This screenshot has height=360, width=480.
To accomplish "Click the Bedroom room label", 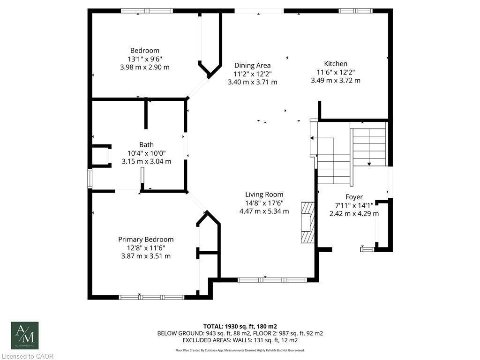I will [x=144, y=51].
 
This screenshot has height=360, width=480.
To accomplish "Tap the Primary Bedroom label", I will [x=146, y=239].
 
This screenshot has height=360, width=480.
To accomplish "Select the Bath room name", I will [x=146, y=145].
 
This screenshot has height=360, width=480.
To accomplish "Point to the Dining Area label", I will [x=252, y=66].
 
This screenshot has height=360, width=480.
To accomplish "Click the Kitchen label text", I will [x=336, y=64].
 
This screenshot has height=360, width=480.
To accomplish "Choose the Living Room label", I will [x=264, y=195].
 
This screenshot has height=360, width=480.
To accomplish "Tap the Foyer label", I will [x=354, y=197].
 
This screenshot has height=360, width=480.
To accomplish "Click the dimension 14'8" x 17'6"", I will [x=264, y=203].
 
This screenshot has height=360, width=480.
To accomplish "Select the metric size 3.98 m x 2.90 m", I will [x=144, y=67].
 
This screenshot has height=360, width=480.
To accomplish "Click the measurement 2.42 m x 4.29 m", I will [x=354, y=214].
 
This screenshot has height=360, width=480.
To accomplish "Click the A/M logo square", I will [x=25, y=335].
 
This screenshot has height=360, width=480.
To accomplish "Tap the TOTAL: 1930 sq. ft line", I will [x=240, y=326].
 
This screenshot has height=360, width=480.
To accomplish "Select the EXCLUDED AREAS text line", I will [x=240, y=340].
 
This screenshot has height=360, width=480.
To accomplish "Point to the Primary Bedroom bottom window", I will [x=151, y=297].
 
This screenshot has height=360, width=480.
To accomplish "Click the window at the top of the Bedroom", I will [x=147, y=11].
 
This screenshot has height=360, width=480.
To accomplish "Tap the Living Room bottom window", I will [x=272, y=280].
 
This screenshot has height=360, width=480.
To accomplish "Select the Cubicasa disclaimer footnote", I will [x=240, y=350].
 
